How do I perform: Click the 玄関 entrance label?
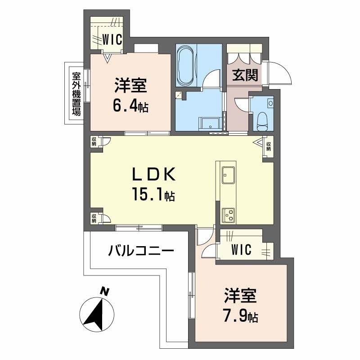pyautogui.click(x=245, y=75)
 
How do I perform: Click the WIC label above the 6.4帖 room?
pyautogui.click(x=111, y=40)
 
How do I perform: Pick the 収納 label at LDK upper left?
pyautogui.click(x=94, y=141)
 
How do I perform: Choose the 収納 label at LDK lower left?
pyautogui.click(x=94, y=218)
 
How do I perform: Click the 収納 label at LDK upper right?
pyautogui.click(x=268, y=146)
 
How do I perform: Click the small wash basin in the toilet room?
pyautogui.click(x=270, y=103)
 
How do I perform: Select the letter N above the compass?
pyautogui.click(x=104, y=292)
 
